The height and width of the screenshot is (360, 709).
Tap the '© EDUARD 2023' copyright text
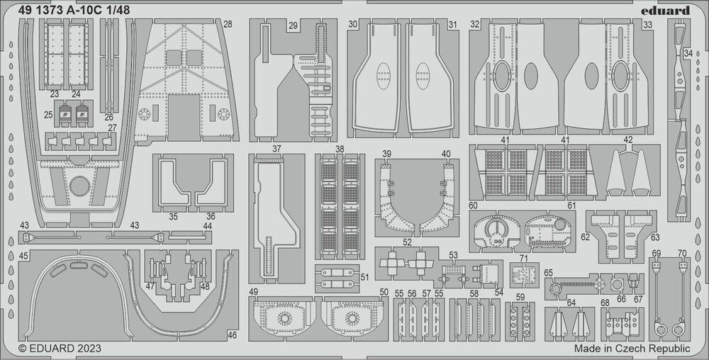click(x=60, y=349)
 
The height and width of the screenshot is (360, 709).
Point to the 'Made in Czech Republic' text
click(x=632, y=349)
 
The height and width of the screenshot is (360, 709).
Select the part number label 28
click(x=227, y=24)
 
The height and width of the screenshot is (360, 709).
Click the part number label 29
click(x=293, y=25)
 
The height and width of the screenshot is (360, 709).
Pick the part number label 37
click(x=277, y=150)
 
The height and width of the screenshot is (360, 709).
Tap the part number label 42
click(x=628, y=140)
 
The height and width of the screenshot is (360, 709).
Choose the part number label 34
click(x=688, y=53)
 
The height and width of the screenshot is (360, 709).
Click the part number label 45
click(x=23, y=255)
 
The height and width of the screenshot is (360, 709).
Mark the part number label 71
click(x=524, y=258)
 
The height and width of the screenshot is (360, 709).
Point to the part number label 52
click(x=407, y=242)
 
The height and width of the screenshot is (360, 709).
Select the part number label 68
click(x=605, y=303)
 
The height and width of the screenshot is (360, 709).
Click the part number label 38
click(x=340, y=150)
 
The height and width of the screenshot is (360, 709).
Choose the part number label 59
click(x=521, y=297)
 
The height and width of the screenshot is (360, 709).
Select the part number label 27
click(x=113, y=128)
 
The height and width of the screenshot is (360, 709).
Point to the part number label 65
click(x=548, y=273)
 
